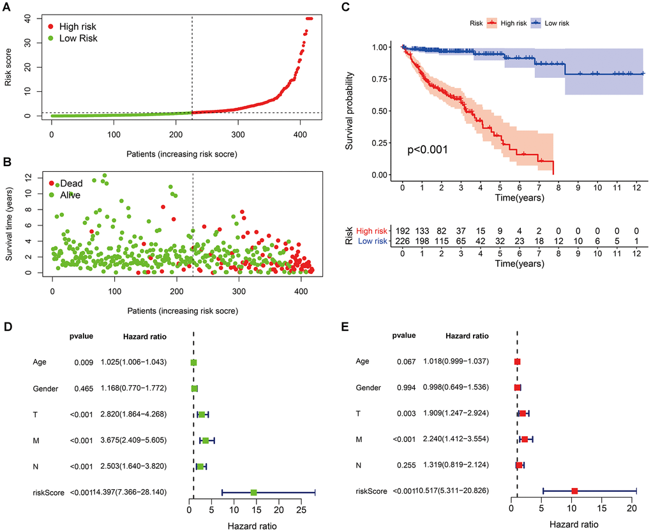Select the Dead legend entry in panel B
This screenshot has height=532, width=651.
[71, 183]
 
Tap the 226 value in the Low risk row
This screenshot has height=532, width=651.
[403, 241]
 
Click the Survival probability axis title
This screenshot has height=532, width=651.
[350, 111]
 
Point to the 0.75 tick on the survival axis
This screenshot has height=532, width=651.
[378, 79]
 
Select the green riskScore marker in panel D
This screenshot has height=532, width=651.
[253, 492]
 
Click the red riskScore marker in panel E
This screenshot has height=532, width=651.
[574, 491]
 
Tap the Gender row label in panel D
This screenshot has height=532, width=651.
[47, 388]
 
